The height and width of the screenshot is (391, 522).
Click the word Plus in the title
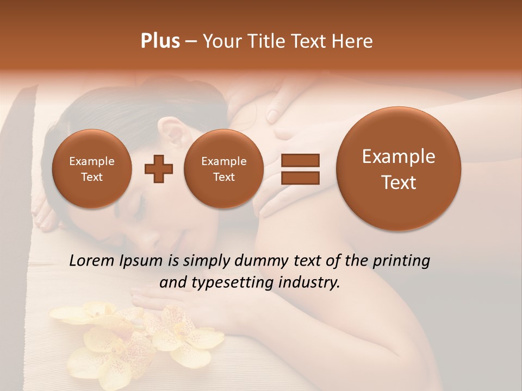coord(160,41)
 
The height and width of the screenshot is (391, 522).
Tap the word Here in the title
coord(352,41)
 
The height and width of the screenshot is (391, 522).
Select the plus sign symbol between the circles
coord(159,168)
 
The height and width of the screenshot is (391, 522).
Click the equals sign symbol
coord(300,168)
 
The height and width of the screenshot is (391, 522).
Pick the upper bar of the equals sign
coord(300,160)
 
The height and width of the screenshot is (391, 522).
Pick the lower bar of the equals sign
coord(300,177)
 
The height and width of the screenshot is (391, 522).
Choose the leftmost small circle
coord(92,169)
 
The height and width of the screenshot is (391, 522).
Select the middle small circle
coord(223,169)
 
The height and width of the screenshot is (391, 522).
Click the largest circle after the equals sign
coord(399,169)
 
